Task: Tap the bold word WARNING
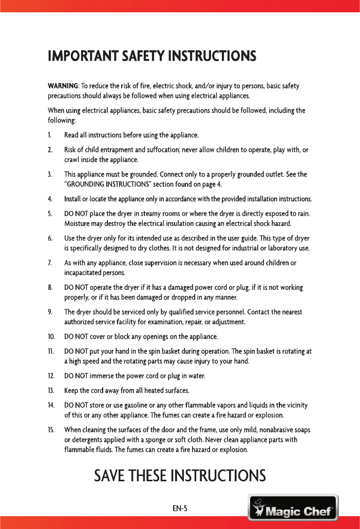coord(62,85)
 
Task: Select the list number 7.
coord(49,263)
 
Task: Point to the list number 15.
coord(51,429)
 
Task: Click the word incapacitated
coord(85,272)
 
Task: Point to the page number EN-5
coord(180,509)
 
